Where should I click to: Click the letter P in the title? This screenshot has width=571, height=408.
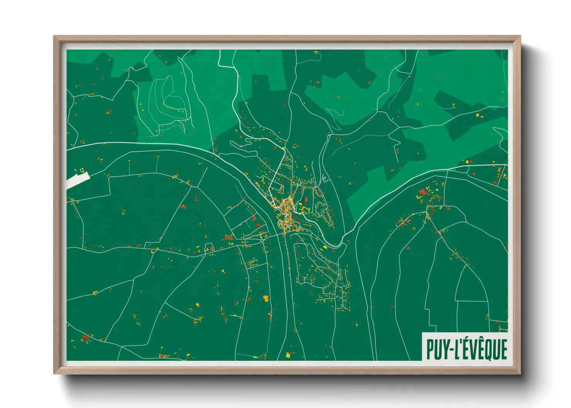click(430, 349)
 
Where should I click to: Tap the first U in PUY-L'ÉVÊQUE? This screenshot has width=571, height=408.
click(438, 349)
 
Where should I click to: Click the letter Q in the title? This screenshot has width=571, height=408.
click(487, 349)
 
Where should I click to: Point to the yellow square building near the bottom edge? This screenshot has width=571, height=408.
click(288, 355)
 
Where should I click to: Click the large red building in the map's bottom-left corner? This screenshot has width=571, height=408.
click(86, 338)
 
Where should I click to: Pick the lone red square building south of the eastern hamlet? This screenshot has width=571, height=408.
click(408, 248)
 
